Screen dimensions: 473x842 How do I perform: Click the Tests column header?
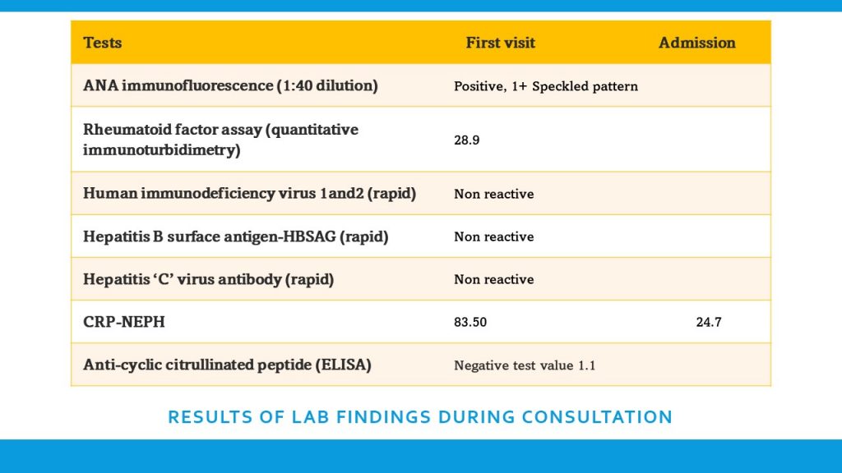[x=103, y=43]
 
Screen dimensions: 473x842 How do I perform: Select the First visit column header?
[x=500, y=43]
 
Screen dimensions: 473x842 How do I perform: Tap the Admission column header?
[x=696, y=43]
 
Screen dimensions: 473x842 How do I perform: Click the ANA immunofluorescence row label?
[x=230, y=85]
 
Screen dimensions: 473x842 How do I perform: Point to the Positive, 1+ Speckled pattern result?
[x=545, y=86]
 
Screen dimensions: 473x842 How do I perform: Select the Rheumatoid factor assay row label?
[x=220, y=140]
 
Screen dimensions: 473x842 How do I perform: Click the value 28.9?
[x=466, y=140]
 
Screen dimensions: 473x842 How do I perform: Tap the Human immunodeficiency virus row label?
[x=249, y=194]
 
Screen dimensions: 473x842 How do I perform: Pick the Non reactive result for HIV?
[x=493, y=195]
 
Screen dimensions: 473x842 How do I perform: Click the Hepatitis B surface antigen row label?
[x=235, y=236]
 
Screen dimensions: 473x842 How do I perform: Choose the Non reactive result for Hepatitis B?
[x=493, y=237]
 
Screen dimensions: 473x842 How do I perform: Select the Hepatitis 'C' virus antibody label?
[x=208, y=279]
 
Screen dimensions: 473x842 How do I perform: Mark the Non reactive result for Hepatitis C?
[x=493, y=280]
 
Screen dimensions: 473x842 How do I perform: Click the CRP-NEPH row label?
[x=124, y=322]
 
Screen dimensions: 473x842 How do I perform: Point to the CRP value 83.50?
[x=470, y=323]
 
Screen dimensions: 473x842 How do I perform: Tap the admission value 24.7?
[x=708, y=323]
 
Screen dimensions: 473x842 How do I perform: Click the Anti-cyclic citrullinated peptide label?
[x=227, y=365]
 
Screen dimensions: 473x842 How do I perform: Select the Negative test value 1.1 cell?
[x=524, y=365]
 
